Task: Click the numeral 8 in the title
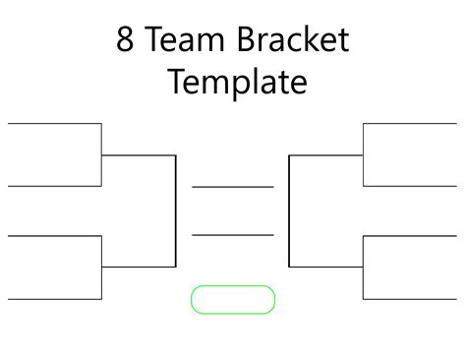[x=126, y=40]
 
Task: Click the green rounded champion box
[x=232, y=300]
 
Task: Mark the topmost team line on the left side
[x=54, y=124]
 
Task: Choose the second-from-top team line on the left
[x=54, y=185]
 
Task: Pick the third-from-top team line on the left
[x=54, y=236]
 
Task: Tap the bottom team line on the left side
[x=54, y=298]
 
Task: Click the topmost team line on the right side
[x=410, y=124]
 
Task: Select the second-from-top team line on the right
[x=410, y=185]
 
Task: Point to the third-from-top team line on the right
[x=410, y=236]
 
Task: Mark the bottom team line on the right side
[x=410, y=298]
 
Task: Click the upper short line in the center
[x=232, y=186]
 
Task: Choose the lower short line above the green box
[x=232, y=235]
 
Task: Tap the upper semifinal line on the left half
[x=139, y=155]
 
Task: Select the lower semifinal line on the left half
[x=139, y=267]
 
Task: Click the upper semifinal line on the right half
[x=325, y=155]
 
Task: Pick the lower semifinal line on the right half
[x=325, y=267]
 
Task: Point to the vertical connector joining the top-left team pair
[x=102, y=154]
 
